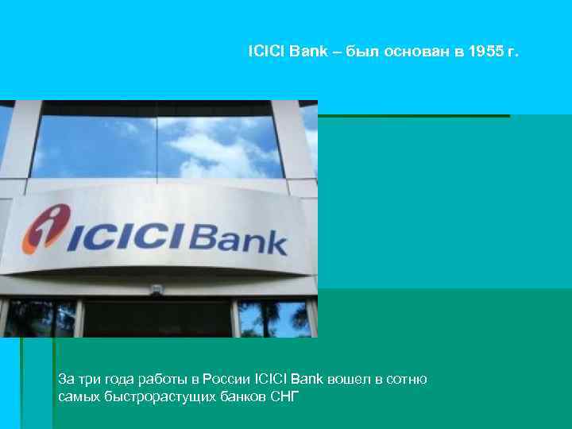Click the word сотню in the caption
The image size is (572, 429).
click(x=408, y=380)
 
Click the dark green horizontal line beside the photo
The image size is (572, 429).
click(x=413, y=116)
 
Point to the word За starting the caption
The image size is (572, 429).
click(x=66, y=380)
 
